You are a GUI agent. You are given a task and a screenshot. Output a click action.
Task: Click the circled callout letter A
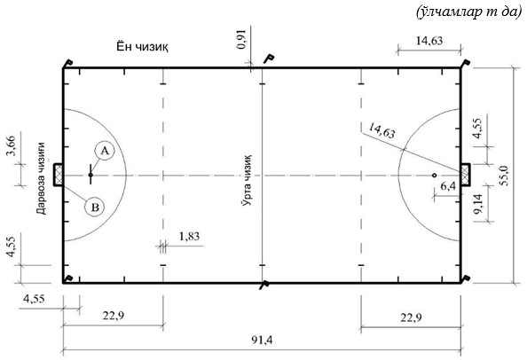[x=105, y=151]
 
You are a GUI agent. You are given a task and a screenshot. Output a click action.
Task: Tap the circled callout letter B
[x=95, y=207]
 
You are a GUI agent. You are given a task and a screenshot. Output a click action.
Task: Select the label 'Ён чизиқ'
[x=142, y=46]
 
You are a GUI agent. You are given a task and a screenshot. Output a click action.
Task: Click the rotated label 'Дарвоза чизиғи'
[x=41, y=178]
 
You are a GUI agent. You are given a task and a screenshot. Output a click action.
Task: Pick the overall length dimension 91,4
[x=262, y=340]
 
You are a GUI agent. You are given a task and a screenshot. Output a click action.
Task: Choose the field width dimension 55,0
[x=504, y=176]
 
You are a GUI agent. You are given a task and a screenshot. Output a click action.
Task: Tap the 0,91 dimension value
[x=241, y=40]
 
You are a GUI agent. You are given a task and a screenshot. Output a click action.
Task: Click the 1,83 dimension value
[x=189, y=237]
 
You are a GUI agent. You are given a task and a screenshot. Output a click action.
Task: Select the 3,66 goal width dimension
[x=12, y=146]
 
